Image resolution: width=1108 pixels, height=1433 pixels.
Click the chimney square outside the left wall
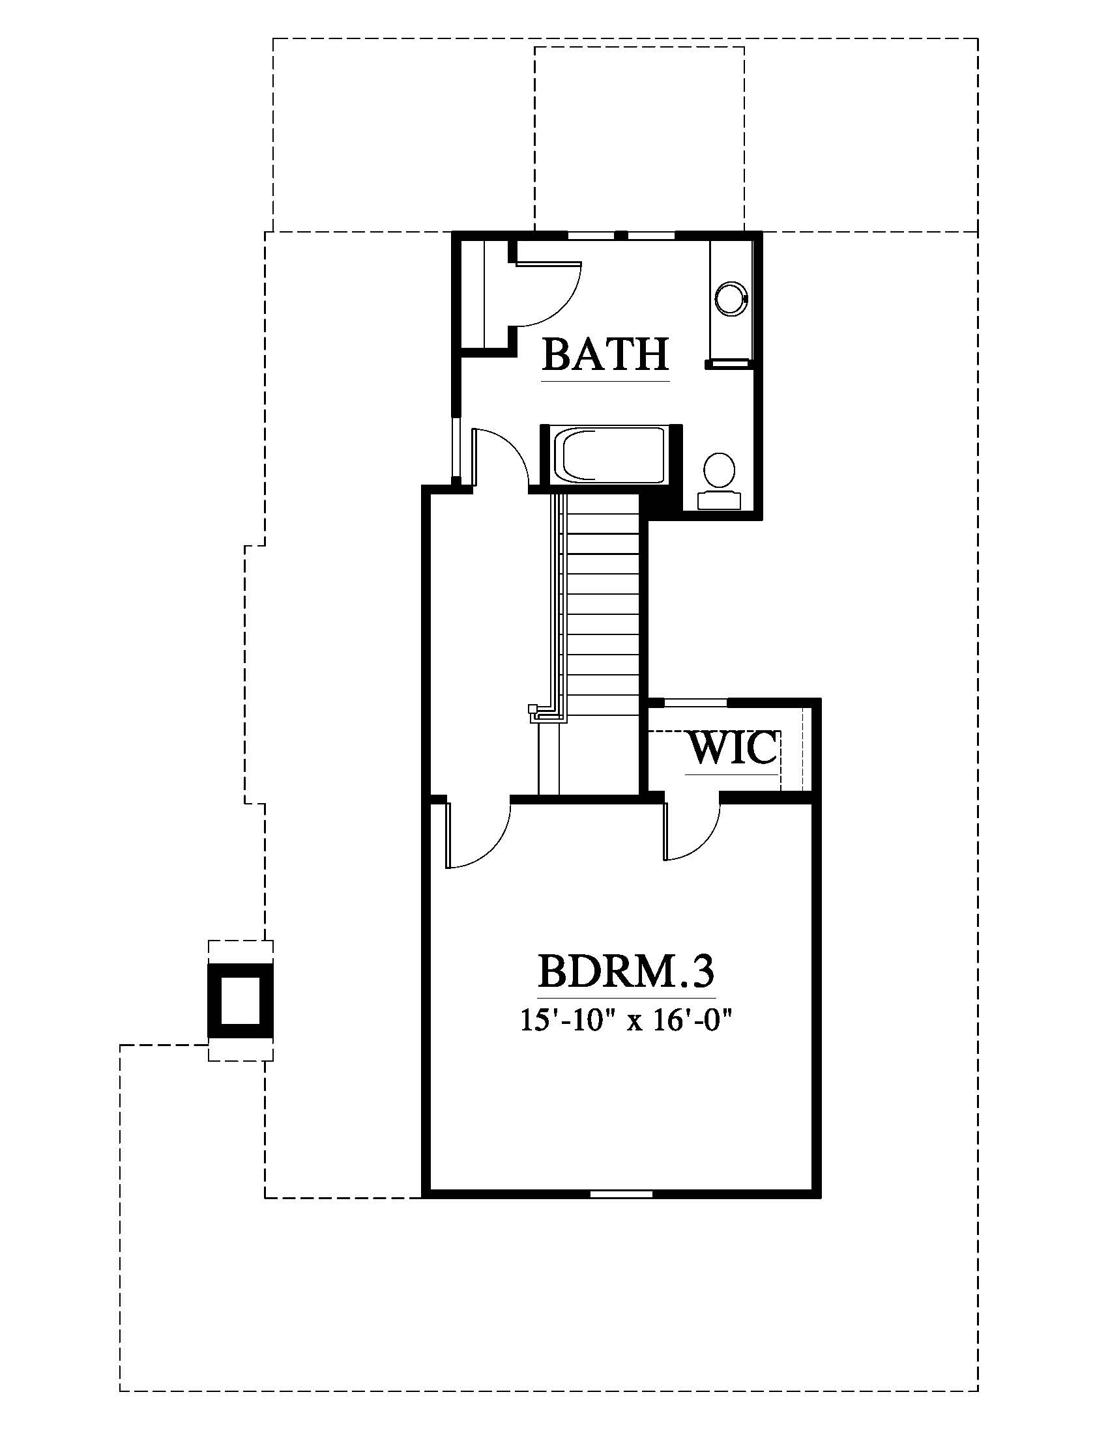(x=241, y=1000)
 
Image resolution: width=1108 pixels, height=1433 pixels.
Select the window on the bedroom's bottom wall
(x=622, y=1193)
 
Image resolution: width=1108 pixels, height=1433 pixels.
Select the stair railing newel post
(x=532, y=709)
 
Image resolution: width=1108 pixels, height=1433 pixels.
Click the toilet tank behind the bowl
(x=720, y=500)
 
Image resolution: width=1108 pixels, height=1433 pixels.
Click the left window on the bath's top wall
(x=591, y=234)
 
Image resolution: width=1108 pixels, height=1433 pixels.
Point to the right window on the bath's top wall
(x=652, y=234)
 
